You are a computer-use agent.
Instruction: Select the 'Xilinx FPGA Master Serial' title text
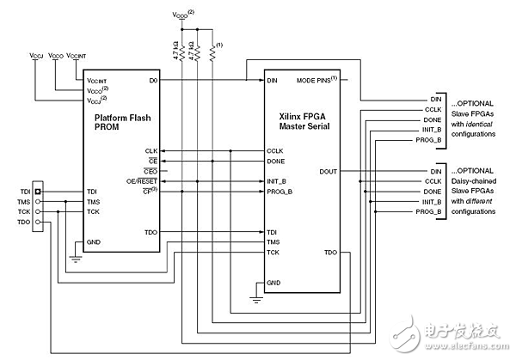coord(301,123)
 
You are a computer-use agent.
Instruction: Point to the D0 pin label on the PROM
coord(151,82)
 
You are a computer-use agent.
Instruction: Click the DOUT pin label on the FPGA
coord(328,170)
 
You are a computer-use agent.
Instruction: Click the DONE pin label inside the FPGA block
coord(277,160)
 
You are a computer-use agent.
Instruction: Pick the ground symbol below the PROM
coord(76,255)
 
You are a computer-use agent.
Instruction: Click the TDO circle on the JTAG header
coord(38,222)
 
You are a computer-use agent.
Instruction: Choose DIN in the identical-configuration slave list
coord(435,100)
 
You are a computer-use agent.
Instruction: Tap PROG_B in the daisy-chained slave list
coord(430,211)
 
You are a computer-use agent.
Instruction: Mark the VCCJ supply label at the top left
coord(36,57)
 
